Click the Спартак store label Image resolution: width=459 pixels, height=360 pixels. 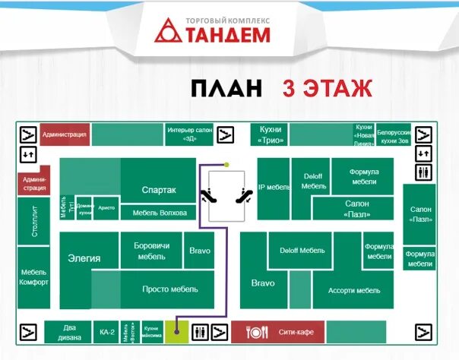point(159,190)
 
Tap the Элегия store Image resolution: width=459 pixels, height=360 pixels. point(84,258)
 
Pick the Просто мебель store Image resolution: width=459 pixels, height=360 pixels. point(169,289)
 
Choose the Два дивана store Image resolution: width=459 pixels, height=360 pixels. point(68,332)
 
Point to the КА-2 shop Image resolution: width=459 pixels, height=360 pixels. point(106,332)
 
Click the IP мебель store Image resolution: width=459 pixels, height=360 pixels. point(274,187)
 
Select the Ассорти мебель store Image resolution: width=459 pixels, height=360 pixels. point(353,291)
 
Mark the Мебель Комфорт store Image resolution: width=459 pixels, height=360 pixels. point(34,277)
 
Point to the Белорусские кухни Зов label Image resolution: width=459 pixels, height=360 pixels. point(395,134)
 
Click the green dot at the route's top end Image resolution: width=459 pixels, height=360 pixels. point(226,165)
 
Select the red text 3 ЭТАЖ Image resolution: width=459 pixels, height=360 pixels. point(327,88)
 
